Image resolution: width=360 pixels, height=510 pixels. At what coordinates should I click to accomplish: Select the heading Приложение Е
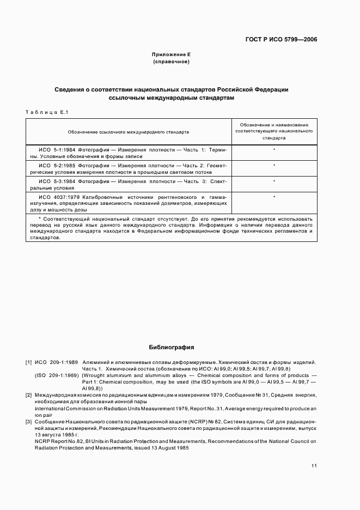(x=171, y=55)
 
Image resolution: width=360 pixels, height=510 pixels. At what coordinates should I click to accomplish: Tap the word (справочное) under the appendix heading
(x=171, y=62)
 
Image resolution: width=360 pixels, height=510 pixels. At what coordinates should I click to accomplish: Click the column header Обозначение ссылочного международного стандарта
(x=129, y=132)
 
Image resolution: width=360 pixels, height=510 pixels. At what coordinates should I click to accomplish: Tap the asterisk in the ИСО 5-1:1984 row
(x=274, y=149)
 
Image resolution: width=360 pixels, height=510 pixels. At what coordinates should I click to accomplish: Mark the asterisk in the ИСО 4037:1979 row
(x=274, y=197)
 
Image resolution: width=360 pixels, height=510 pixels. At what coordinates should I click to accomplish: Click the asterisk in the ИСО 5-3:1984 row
(x=274, y=181)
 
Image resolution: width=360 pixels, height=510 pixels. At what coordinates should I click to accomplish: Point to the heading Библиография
(x=172, y=347)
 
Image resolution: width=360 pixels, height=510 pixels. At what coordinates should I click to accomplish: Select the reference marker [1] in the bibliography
(x=28, y=362)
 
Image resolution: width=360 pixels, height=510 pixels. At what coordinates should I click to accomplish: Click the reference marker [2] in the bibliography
(x=28, y=394)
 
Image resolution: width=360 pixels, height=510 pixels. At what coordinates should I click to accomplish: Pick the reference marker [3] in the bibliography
(x=28, y=422)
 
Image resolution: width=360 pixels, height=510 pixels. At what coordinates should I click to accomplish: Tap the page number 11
(x=314, y=466)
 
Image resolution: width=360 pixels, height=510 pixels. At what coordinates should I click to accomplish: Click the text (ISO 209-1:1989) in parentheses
(x=56, y=376)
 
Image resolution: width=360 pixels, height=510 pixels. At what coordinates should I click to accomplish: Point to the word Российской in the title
(x=238, y=89)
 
